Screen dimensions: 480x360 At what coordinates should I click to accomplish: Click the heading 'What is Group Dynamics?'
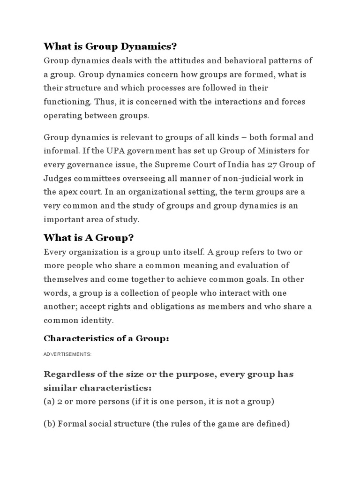pyautogui.click(x=111, y=46)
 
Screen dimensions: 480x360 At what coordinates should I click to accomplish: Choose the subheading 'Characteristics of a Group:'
pyautogui.click(x=106, y=338)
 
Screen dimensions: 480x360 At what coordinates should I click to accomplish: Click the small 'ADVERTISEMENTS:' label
pyautogui.click(x=67, y=355)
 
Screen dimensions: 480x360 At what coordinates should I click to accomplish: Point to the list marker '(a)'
pyautogui.click(x=50, y=402)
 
